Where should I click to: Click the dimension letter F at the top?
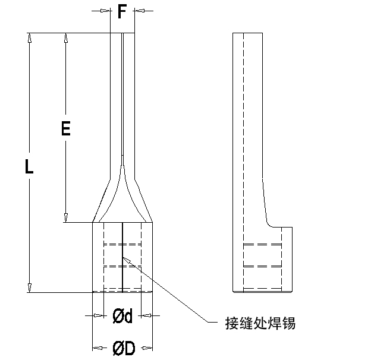tap(121, 11)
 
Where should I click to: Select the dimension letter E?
tap(65, 128)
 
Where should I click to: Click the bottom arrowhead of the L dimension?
tap(29, 288)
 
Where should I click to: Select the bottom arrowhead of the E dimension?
tap(66, 218)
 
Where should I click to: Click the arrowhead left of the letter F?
tap(106, 11)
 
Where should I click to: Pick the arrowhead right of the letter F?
tap(139, 11)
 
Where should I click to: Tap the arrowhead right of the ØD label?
tap(149, 346)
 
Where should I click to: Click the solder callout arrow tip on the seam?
tap(124, 258)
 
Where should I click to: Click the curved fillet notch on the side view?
tap(269, 223)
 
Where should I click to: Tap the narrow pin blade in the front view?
tap(122, 95)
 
